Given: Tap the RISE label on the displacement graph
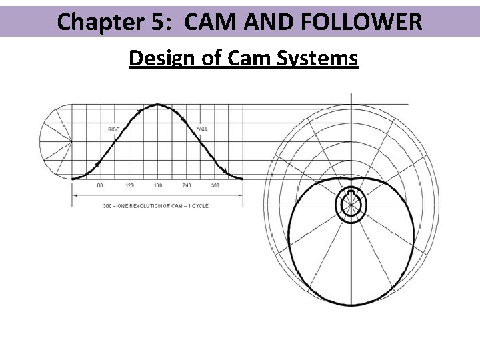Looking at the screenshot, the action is (114, 129).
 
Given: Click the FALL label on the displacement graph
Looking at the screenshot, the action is (202, 129).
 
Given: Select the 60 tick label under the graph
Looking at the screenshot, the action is (100, 185).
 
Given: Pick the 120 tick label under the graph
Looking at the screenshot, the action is (129, 185).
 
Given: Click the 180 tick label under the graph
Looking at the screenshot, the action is (158, 185).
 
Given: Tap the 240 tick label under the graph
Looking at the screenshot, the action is (187, 185).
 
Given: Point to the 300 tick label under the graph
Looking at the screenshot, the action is (215, 185).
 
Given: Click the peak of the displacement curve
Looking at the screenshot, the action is (158, 105).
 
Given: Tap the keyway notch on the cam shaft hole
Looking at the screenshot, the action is (351, 193).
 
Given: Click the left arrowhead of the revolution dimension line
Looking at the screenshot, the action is (74, 195).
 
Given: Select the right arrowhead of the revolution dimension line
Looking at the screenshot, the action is (241, 195).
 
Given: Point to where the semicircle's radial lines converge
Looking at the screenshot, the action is (71, 141).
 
